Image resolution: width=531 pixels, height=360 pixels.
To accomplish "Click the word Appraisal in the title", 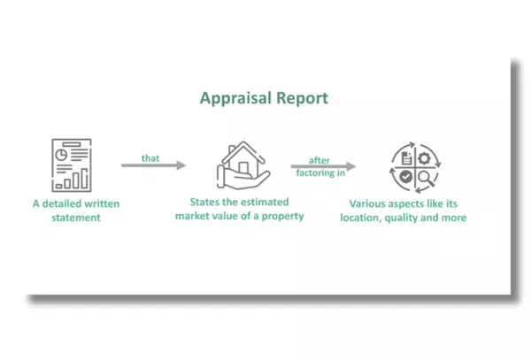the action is pos(235,98).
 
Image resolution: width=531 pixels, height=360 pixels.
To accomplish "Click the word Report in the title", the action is pos(302,98).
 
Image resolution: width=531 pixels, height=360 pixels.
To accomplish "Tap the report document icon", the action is pos(72,165).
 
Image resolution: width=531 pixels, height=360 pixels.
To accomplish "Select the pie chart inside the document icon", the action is pos(61,155).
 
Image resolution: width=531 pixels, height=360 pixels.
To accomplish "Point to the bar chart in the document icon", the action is pos(72,180).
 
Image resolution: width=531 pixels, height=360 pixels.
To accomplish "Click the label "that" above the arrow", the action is pos(150,158).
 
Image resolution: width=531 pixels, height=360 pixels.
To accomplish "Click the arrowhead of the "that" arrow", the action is pos(181,165).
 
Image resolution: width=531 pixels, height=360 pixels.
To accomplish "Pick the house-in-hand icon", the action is pos(243,165).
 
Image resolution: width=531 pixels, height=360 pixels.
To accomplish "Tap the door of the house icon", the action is pos(243,168).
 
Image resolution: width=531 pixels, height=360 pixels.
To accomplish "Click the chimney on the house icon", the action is pos(232,149).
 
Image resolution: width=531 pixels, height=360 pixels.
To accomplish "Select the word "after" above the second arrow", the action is pos(319,160).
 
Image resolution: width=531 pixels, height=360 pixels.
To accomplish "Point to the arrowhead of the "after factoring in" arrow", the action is pos(351,166).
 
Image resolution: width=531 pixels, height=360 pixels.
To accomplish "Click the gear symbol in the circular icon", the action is pos(424,158).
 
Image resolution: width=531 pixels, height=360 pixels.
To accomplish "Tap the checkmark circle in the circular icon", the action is pos(405,176).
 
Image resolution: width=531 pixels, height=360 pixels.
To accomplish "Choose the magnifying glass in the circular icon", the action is pos(426,179).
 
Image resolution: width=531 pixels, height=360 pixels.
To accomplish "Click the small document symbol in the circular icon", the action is pos(406,158).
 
